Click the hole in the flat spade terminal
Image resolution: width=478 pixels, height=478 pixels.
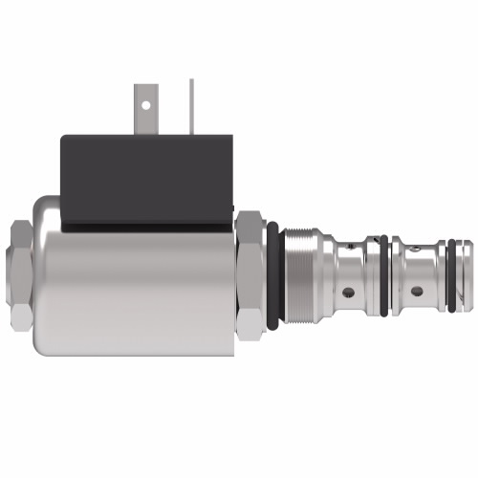[x=146, y=97]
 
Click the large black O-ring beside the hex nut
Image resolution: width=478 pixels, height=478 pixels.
[x=274, y=275]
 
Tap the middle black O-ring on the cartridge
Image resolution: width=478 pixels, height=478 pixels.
[x=383, y=275]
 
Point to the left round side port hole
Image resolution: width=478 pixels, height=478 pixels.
[x=348, y=292]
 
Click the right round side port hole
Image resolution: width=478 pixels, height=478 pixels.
[x=416, y=292]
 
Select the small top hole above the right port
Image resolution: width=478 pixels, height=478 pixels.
[x=416, y=250]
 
